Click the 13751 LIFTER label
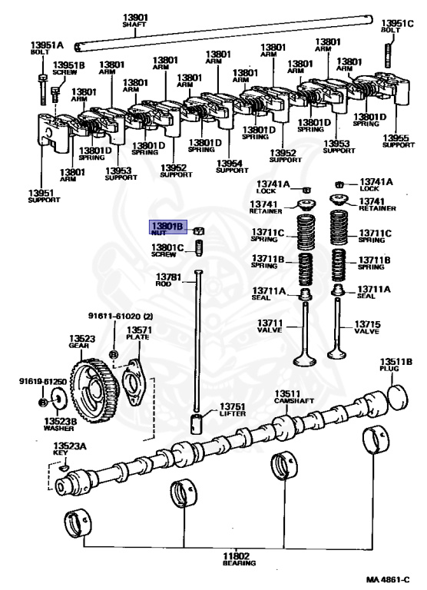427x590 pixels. [x=232, y=410]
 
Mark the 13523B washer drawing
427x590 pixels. [x=57, y=400]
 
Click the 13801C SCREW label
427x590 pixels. [x=167, y=250]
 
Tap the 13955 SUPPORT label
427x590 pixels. [x=398, y=141]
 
